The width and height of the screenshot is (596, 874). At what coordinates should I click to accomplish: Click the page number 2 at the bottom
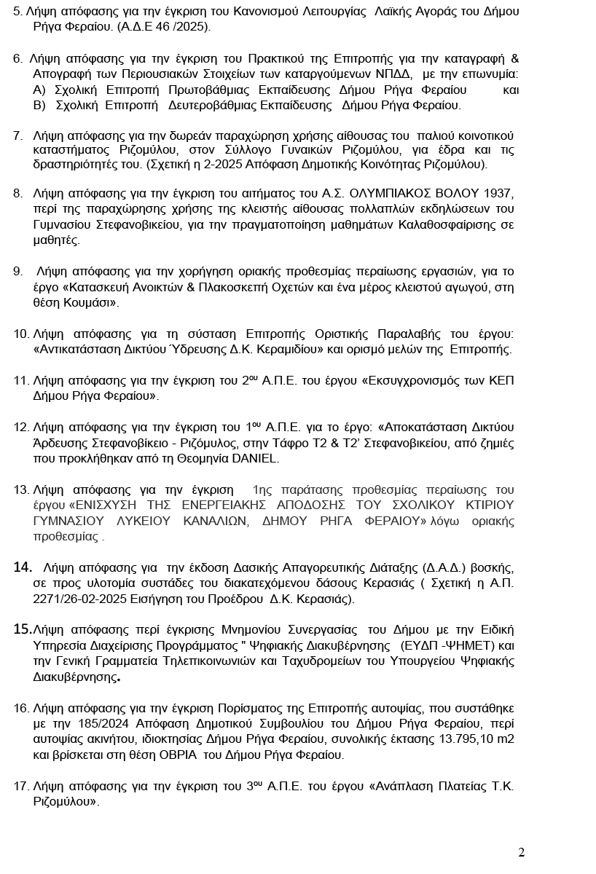pos(521,853)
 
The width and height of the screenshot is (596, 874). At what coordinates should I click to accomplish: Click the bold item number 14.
pos(23,567)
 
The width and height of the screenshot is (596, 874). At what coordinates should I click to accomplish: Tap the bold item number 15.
pos(22,629)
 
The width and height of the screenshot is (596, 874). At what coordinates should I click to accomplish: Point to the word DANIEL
pos(255,459)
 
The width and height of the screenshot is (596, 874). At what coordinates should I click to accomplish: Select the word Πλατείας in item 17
pos(457,786)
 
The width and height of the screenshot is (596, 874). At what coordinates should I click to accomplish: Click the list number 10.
pos(20,334)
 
